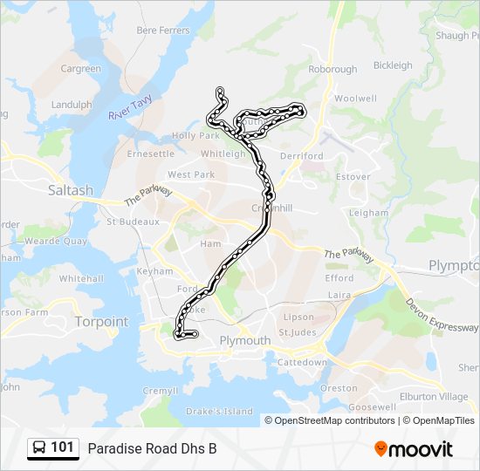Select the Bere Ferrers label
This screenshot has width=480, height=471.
click(162, 31)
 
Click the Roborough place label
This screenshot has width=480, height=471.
click(333, 69)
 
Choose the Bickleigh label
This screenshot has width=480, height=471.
click(393, 65)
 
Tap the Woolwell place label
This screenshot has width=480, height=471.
click(355, 99)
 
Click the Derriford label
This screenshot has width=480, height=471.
click(302, 156)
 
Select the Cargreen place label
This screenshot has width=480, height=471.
click(80, 69)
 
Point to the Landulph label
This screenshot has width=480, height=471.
click(72, 105)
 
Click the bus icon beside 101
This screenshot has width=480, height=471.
click(39, 447)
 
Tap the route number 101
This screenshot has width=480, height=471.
click(62, 447)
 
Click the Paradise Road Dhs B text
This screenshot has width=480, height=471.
click(152, 448)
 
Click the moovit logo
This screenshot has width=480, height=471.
click(414, 449)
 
